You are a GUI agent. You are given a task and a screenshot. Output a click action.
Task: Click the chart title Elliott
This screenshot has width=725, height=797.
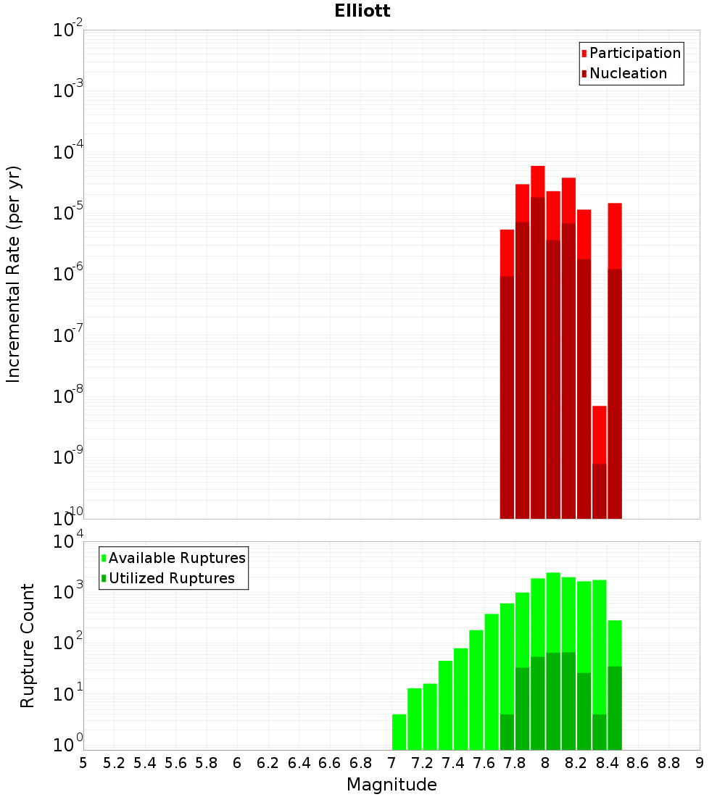click(x=362, y=11)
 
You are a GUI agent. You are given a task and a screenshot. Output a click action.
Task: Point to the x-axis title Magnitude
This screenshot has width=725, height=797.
click(x=391, y=785)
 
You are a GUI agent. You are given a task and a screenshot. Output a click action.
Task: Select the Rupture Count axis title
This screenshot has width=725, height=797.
click(x=28, y=645)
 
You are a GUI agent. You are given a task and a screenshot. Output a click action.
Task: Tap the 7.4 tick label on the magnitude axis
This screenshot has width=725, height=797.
click(x=453, y=763)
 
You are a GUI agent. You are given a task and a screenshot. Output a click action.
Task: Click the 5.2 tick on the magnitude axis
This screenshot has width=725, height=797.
click(x=114, y=763)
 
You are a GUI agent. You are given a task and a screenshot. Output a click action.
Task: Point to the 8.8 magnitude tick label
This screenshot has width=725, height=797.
click(x=668, y=763)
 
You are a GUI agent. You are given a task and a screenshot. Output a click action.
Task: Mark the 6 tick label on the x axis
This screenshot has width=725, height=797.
click(x=237, y=763)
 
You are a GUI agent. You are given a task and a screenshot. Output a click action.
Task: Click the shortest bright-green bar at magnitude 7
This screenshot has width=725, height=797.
click(x=399, y=732)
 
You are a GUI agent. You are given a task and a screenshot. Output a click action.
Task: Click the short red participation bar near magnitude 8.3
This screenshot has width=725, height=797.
click(x=600, y=435)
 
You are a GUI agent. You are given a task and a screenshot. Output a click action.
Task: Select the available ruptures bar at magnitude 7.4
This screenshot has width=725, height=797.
click(x=460, y=699)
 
